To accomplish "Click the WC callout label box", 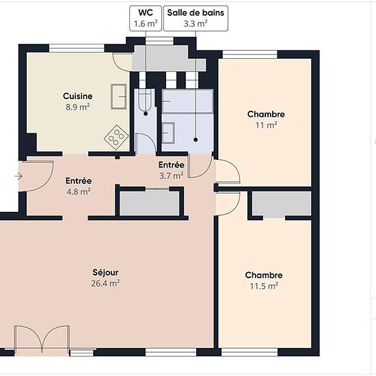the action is point(146,18).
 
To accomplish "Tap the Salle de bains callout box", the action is point(196,18).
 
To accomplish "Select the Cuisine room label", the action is point(78,96).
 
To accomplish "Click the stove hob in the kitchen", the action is point(116,137).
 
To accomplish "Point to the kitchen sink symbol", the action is point(119,96).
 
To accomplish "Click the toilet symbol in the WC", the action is point(145,100).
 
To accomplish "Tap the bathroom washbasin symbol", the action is point(168,133).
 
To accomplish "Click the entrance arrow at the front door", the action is point(18,176).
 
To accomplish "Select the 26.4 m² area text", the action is point(105,284).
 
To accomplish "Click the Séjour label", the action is point(105,272).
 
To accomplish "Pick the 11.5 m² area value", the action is point(264,286).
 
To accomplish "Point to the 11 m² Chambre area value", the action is point(266,125).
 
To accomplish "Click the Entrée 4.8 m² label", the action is point(79,186).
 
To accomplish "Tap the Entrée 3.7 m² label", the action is point(172,170).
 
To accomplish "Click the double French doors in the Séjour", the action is point(42,340).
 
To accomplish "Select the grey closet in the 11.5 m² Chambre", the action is point(282,204).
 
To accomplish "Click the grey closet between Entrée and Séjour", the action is point(150,203).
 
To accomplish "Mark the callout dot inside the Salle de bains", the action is point(196,139).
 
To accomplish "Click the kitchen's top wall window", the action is point(77,49).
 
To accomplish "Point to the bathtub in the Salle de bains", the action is point(187,101).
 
